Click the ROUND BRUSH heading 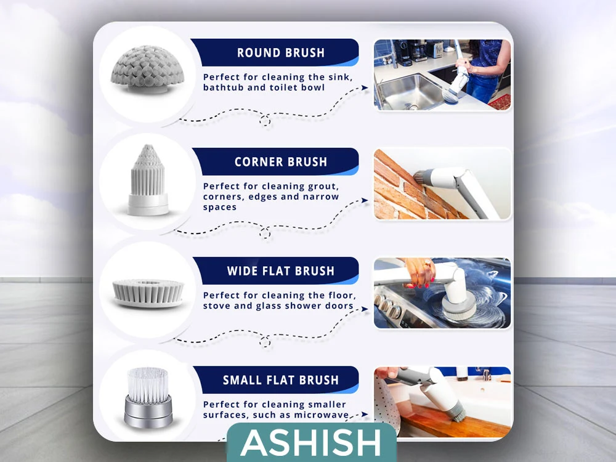click(281, 52)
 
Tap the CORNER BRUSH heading click(281, 162)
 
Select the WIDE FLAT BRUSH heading click(281, 271)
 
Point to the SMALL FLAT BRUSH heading click(281, 380)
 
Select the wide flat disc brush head click(148, 293)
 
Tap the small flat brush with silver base click(148, 397)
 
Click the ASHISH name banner click(312, 442)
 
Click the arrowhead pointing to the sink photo click(365, 88)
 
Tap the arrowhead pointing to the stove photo click(365, 309)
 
